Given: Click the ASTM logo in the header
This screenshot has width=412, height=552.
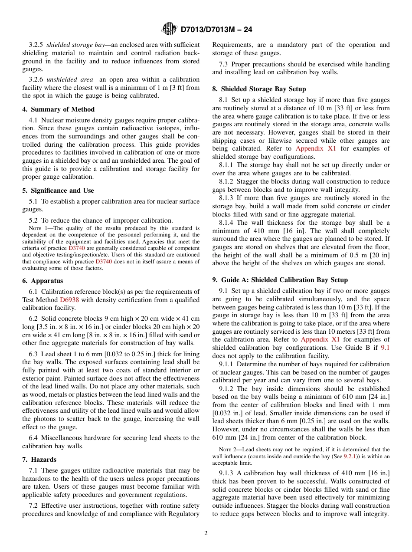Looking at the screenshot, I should tap(169, 29).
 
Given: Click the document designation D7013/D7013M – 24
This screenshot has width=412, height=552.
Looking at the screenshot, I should tap(216, 30).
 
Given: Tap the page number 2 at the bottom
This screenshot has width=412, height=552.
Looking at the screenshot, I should tap(206, 533).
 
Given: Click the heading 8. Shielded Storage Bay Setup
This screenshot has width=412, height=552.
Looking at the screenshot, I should tap(259, 89).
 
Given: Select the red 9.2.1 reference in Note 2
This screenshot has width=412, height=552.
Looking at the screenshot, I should tap(350, 457).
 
